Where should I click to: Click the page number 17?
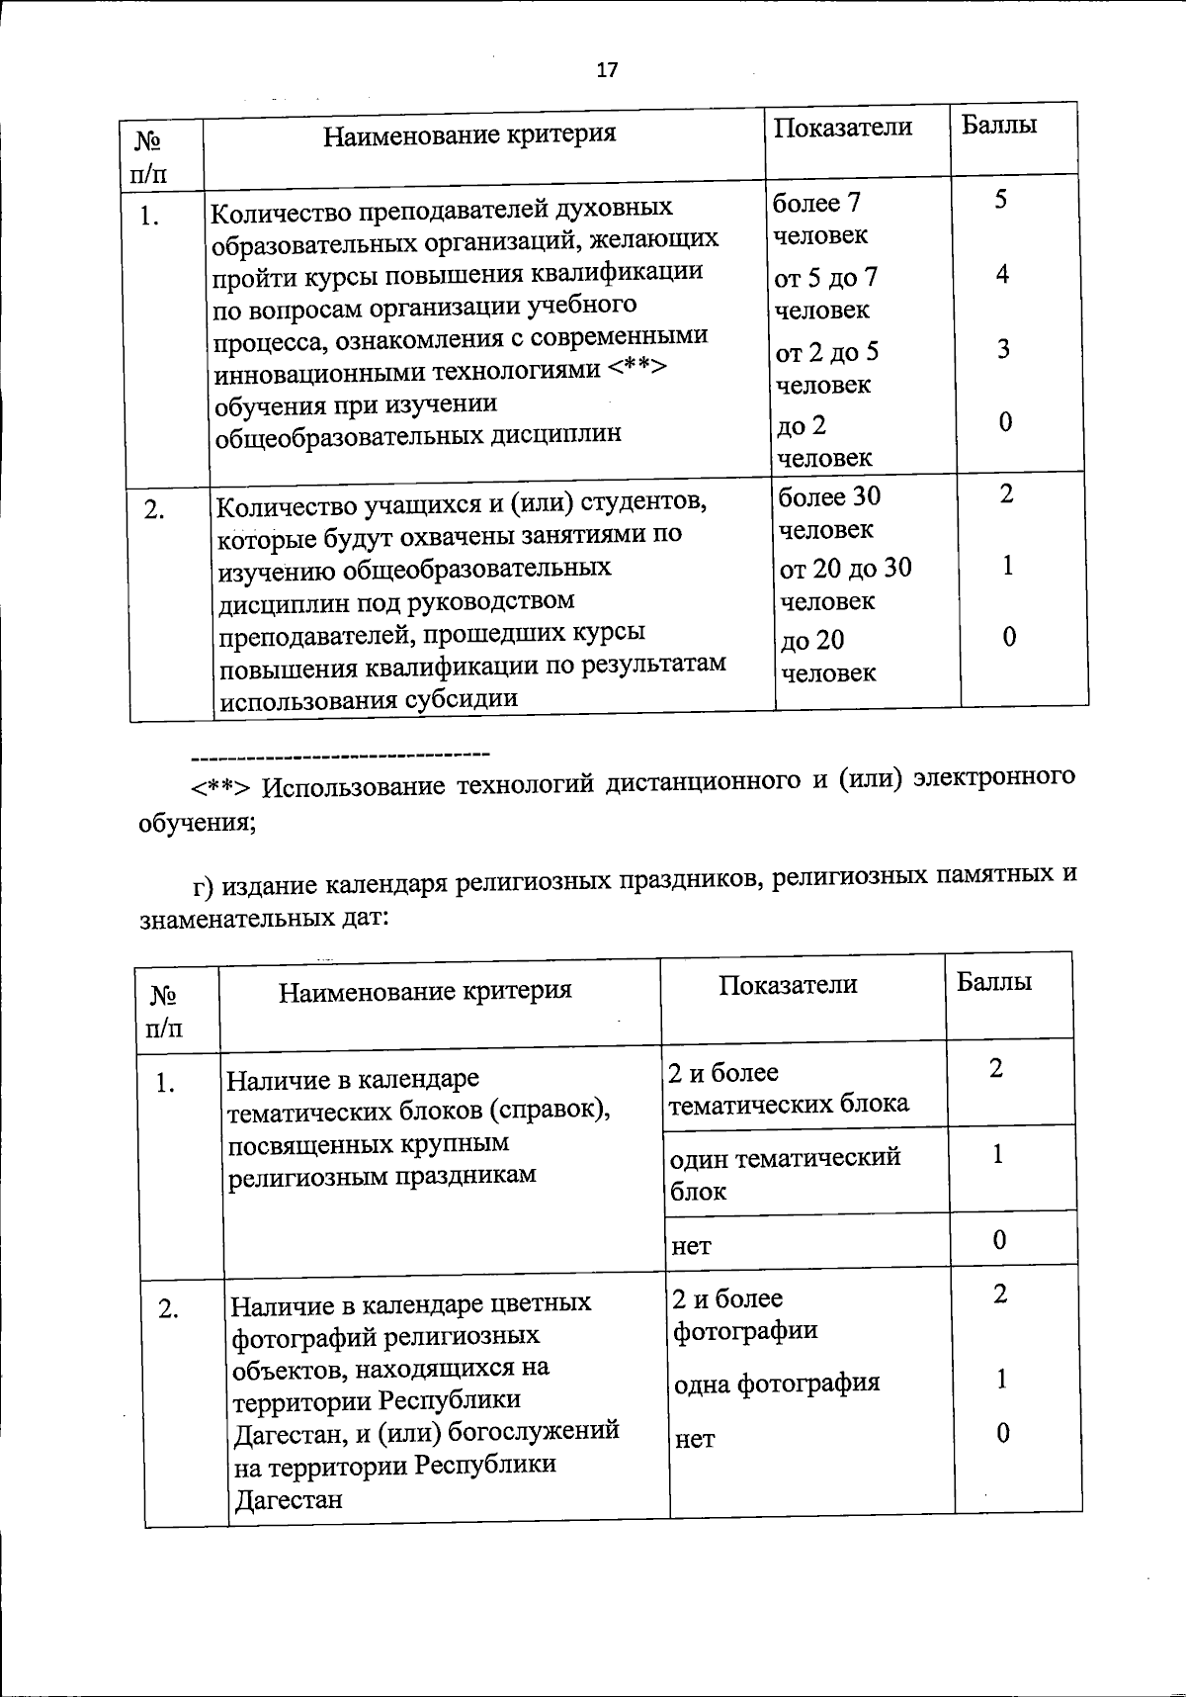(x=607, y=70)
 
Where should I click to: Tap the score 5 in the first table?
(x=1001, y=200)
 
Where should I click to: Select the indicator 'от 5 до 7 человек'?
(x=826, y=294)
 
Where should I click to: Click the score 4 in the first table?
(x=1002, y=275)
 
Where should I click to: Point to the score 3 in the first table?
(x=1003, y=349)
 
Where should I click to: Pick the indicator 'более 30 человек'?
(x=828, y=512)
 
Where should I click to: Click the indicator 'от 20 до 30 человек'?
(x=845, y=584)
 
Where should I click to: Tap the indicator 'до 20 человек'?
(x=827, y=657)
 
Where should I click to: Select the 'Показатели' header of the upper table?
(x=843, y=128)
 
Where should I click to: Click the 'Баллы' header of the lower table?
(x=994, y=981)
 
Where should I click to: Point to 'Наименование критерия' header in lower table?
(x=425, y=991)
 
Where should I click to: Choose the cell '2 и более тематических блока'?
(x=788, y=1088)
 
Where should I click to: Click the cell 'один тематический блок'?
(x=785, y=1173)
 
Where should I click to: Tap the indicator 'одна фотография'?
(x=777, y=1383)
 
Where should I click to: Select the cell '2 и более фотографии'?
(x=744, y=1313)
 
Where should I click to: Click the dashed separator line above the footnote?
(x=341, y=758)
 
